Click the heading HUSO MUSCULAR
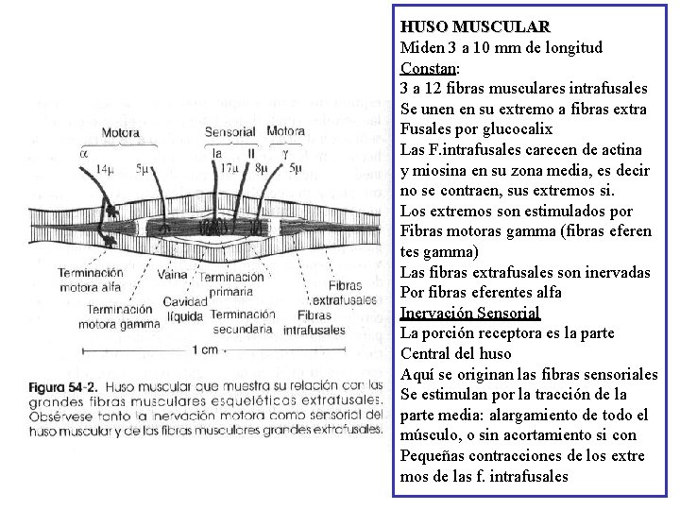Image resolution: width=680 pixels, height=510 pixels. pyautogui.click(x=474, y=26)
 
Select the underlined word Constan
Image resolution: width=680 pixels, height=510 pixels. pyautogui.click(x=428, y=68)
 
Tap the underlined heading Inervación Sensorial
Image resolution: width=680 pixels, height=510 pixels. pyautogui.click(x=469, y=313)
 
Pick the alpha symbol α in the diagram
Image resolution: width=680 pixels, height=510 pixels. pyautogui.click(x=83, y=150)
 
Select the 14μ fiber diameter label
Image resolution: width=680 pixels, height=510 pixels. pyautogui.click(x=106, y=168)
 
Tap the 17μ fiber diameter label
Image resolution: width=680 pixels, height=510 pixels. pyautogui.click(x=227, y=168)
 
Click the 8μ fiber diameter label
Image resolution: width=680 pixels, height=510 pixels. pyautogui.click(x=261, y=168)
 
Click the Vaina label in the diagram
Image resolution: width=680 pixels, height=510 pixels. pyautogui.click(x=172, y=275)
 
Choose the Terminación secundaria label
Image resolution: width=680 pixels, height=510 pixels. pyautogui.click(x=243, y=321)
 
